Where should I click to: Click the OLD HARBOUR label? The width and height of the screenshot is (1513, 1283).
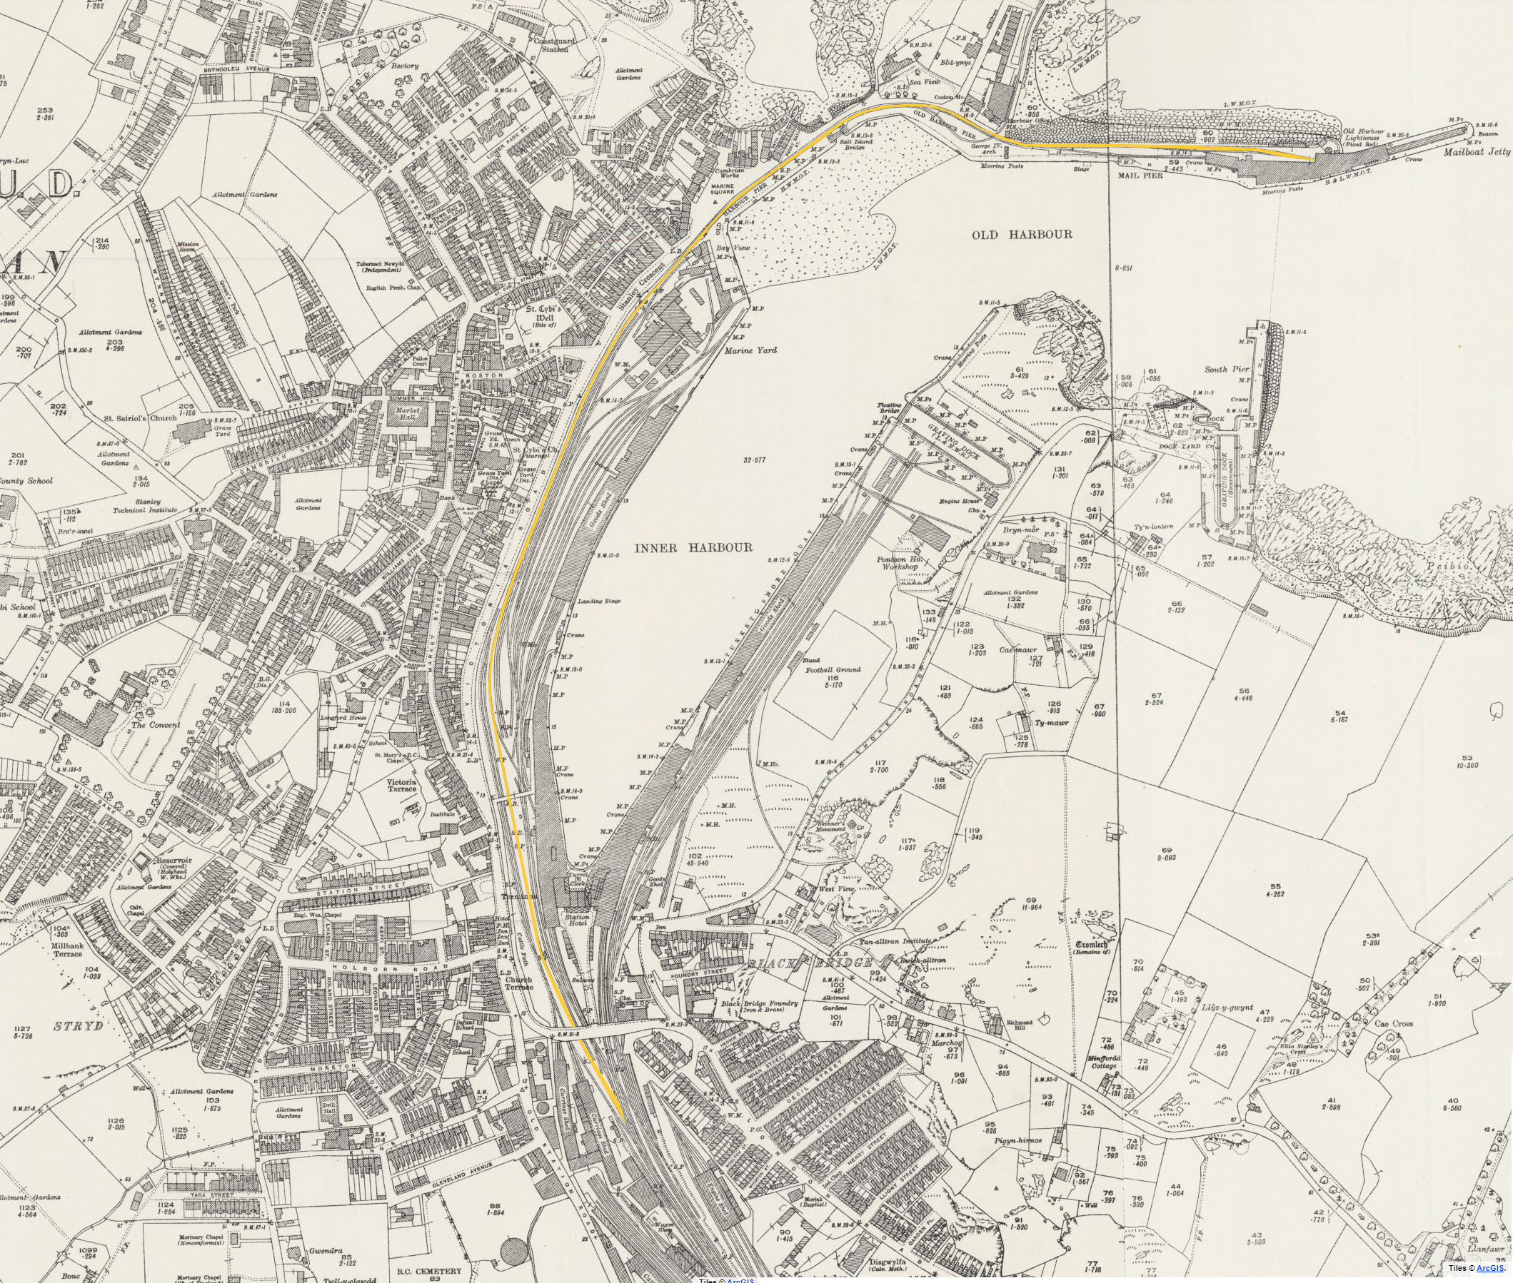[1022, 235]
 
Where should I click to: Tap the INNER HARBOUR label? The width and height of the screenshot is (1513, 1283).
[693, 548]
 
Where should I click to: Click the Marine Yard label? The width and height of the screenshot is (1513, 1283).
[750, 350]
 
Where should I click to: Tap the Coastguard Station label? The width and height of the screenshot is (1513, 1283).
[555, 45]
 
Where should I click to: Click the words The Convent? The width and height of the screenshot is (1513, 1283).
[155, 725]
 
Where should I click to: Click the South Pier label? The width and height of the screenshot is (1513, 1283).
[1226, 370]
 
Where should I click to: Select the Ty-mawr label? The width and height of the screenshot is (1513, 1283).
[1051, 724]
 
